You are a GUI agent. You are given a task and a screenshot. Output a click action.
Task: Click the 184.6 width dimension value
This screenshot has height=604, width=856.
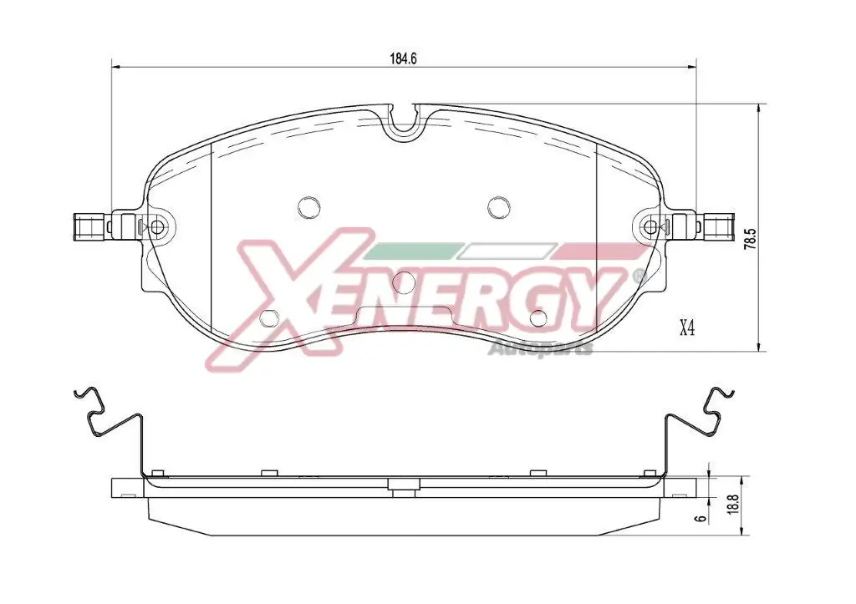(403, 58)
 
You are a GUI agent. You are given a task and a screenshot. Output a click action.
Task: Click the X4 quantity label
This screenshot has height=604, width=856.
(686, 328)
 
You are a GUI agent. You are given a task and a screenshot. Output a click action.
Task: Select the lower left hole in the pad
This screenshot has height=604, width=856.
(270, 318)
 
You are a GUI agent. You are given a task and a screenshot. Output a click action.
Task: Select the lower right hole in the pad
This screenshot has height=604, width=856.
(539, 318)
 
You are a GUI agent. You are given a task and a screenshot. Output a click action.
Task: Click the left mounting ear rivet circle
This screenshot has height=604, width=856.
(157, 226)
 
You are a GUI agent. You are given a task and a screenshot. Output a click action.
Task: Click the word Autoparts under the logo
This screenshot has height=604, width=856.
(539, 348)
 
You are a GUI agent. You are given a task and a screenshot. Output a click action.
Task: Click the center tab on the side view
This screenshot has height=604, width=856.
(404, 485)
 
